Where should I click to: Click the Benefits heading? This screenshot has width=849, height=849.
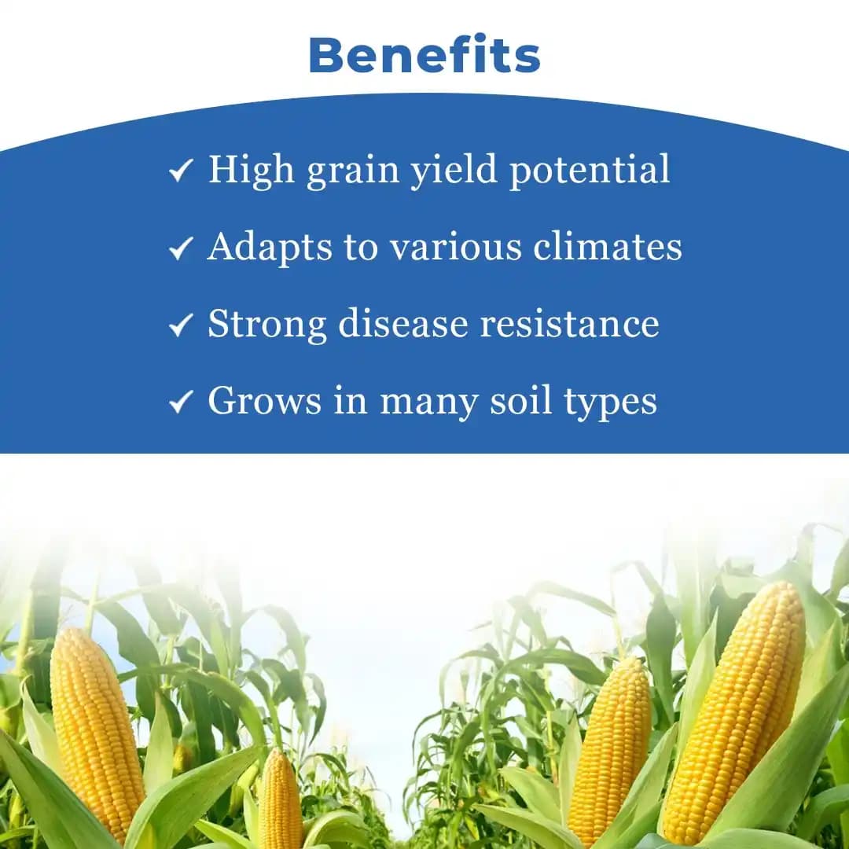coord(424,56)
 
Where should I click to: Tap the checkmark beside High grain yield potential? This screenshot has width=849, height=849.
coord(181,171)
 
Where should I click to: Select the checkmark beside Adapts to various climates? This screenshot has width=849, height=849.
coord(181,248)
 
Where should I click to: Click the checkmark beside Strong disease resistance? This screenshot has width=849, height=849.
coord(181,325)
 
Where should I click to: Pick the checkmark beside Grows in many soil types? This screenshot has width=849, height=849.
coord(181,402)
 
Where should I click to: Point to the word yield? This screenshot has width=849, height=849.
coord(455,170)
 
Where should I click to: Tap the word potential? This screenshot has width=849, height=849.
coord(590,170)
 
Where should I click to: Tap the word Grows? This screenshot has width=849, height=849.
coord(264,402)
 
